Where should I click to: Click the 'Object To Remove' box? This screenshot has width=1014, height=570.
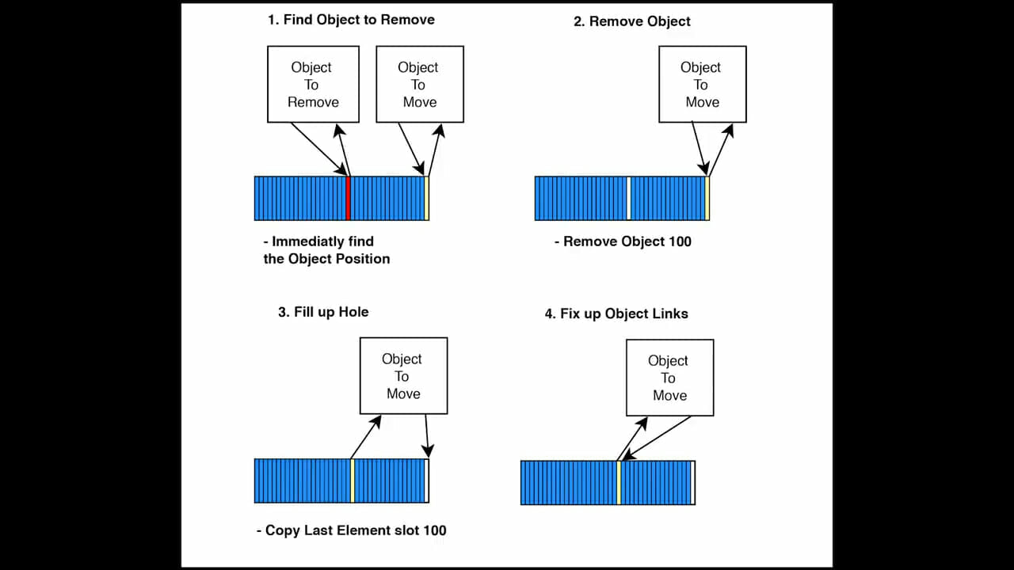[x=313, y=84]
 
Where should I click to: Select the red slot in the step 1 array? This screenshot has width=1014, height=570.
[x=348, y=199]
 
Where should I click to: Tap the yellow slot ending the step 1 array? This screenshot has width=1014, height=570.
[x=426, y=199]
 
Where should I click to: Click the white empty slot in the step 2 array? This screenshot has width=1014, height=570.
[x=629, y=199]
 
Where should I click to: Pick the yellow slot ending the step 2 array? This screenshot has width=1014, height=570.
[x=707, y=199]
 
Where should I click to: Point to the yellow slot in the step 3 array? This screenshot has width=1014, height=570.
[x=353, y=481]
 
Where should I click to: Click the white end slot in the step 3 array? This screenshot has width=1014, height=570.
[x=426, y=481]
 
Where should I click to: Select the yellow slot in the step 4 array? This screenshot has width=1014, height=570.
[x=619, y=483]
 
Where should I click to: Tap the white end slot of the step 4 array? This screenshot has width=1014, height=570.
[x=692, y=483]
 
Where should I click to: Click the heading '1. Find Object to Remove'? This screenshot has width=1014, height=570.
[x=351, y=20]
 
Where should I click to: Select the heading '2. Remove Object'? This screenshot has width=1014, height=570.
[x=632, y=21]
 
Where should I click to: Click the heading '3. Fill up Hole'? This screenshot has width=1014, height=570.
[x=323, y=312]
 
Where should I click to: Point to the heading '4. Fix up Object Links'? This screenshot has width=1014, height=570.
[x=616, y=314]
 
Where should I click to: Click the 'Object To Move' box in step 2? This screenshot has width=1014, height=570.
[x=703, y=84]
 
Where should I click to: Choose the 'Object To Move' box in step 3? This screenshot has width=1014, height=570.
[x=404, y=375]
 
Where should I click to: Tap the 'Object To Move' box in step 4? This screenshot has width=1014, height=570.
[x=670, y=378]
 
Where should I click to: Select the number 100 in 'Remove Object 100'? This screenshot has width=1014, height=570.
[x=680, y=241]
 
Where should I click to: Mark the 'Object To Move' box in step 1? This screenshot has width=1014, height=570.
[x=420, y=84]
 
